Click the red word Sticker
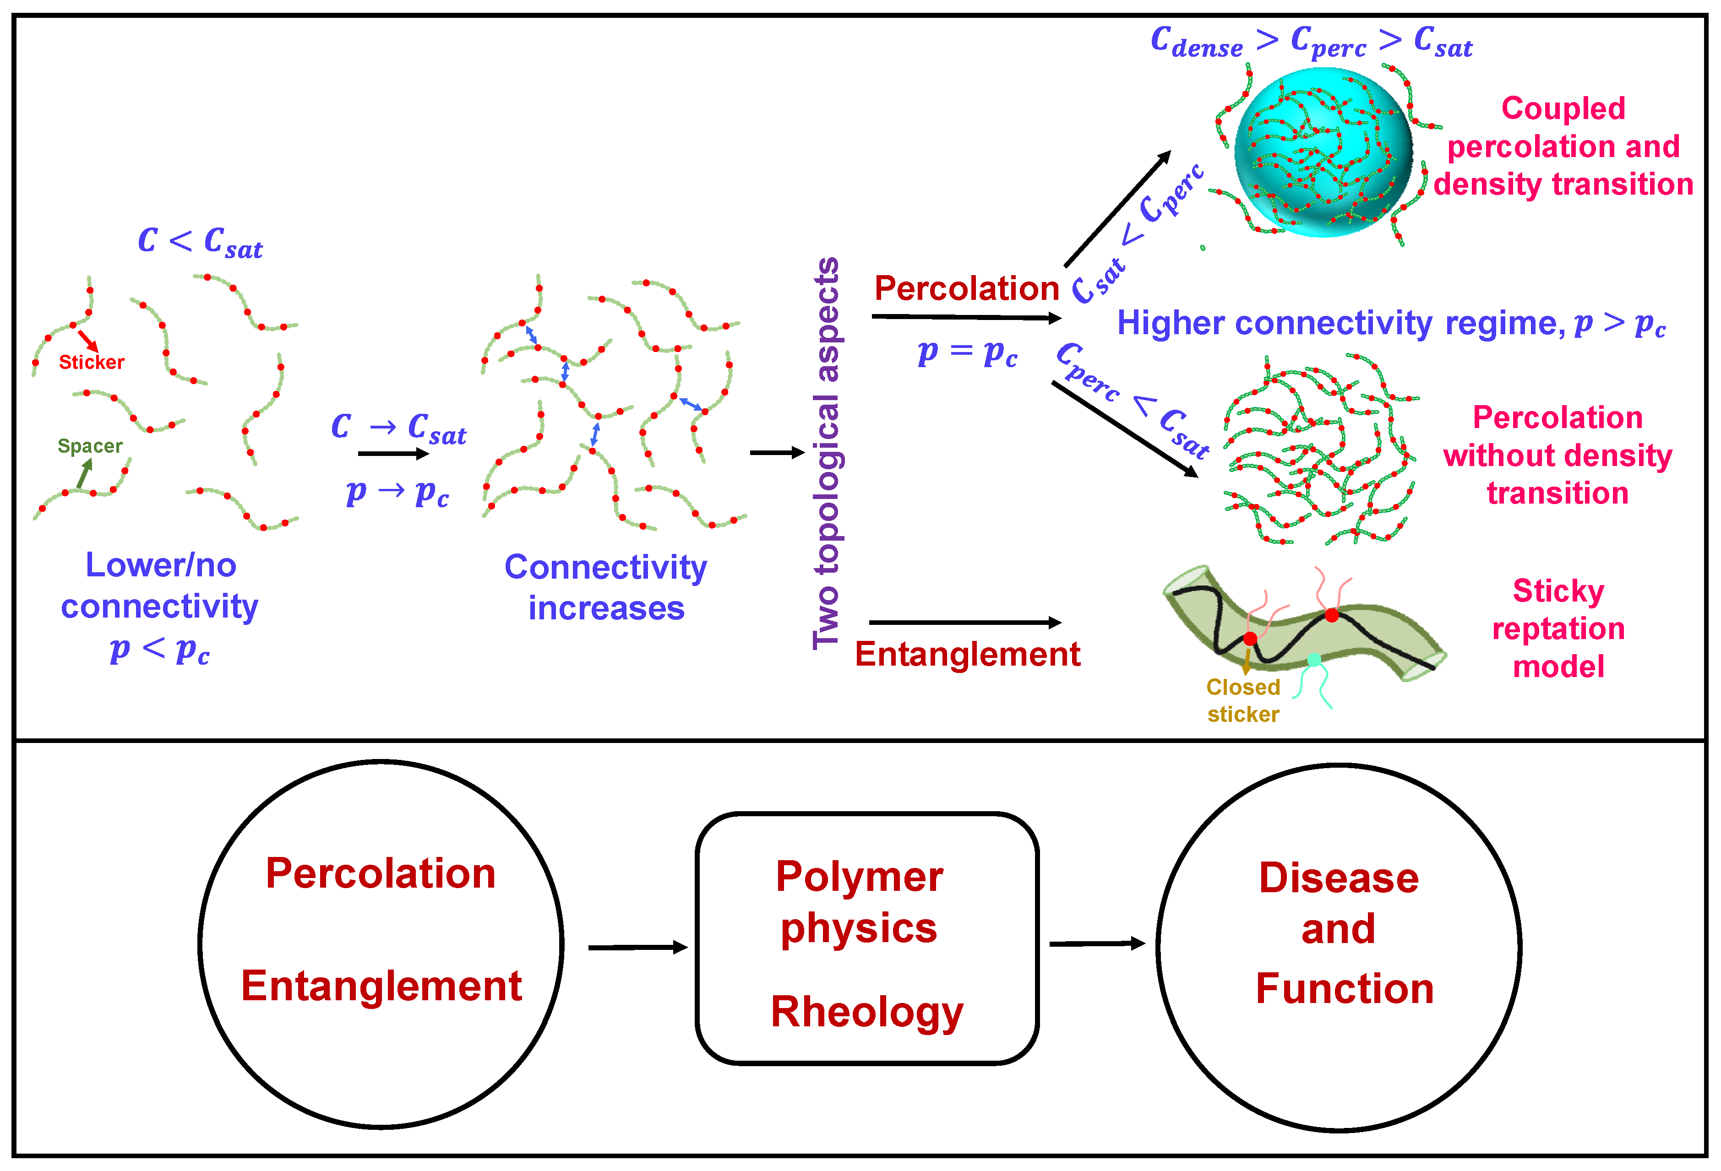click(x=91, y=362)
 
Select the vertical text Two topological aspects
click(x=827, y=453)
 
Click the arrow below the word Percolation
click(x=966, y=318)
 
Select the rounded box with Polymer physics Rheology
click(x=866, y=938)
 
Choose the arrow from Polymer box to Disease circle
click(x=1097, y=944)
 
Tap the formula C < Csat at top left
click(x=200, y=242)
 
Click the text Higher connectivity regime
click(x=1340, y=324)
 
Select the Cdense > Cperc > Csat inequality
click(x=1311, y=42)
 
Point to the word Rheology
click(x=866, y=1011)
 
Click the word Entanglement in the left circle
click(x=381, y=986)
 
